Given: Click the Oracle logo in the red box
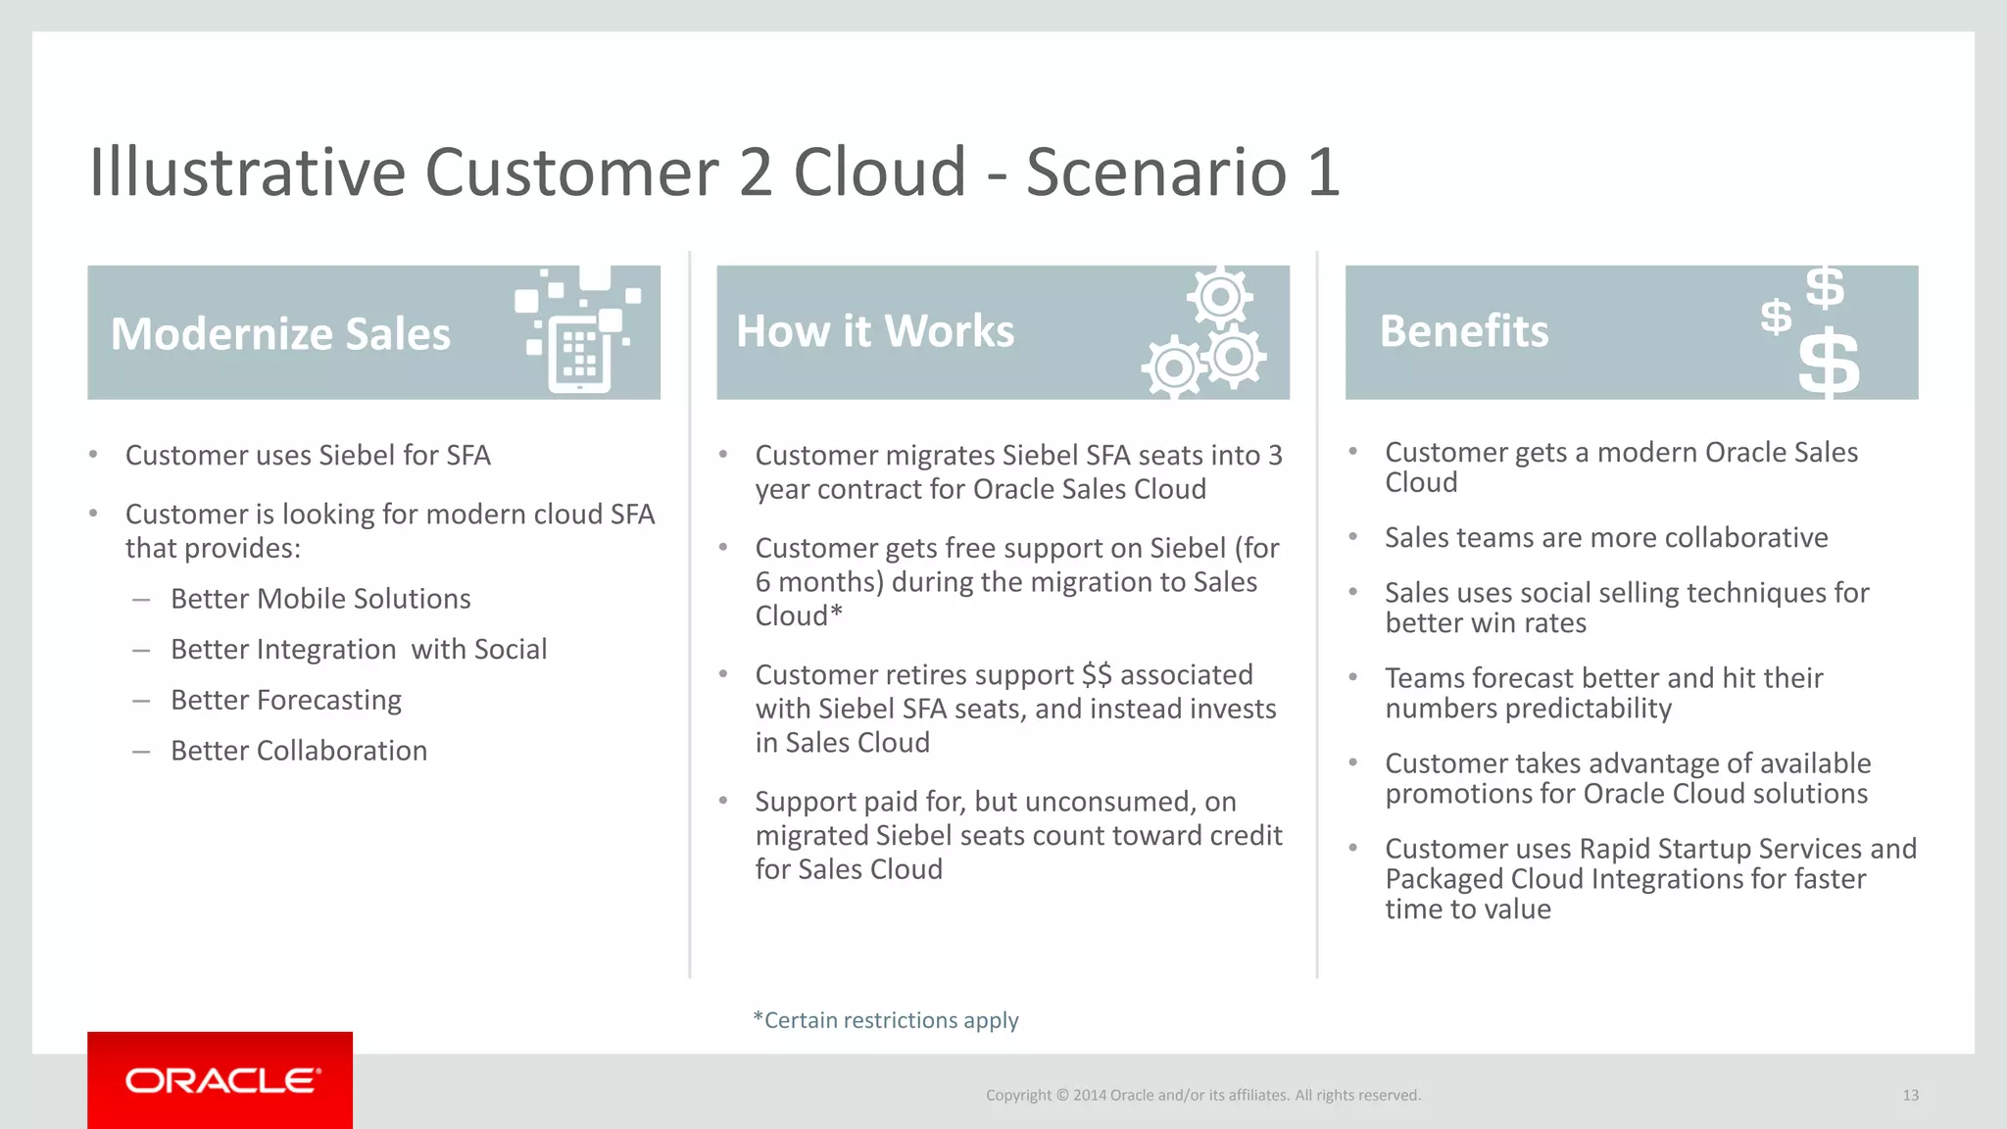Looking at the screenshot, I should [222, 1080].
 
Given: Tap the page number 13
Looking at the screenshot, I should [1910, 1096].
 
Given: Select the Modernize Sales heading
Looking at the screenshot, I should [280, 334].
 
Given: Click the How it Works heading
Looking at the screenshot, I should [875, 331].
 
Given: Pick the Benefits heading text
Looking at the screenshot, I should [1464, 331].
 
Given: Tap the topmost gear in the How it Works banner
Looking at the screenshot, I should [1220, 296].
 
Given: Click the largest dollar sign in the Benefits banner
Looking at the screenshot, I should [1829, 365].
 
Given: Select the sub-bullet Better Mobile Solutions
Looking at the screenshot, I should [320, 599].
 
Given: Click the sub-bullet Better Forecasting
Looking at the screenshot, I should [286, 700].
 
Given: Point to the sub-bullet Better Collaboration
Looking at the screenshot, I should [299, 751].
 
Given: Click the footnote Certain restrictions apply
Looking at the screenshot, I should [886, 1020].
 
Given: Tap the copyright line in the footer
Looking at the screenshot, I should [1202, 1096].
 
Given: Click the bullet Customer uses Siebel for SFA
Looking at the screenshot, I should [308, 456].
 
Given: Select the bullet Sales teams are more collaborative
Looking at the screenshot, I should [1606, 538].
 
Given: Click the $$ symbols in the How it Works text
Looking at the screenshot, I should [1097, 675].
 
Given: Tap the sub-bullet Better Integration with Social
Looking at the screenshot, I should [359, 650].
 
